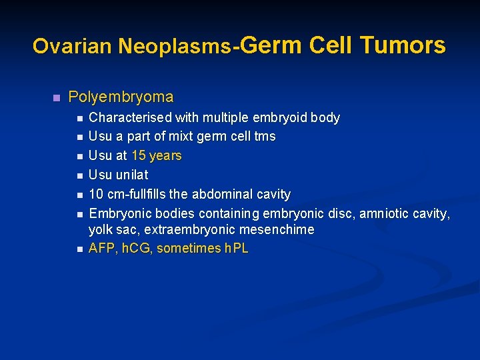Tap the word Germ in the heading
pyautogui.click(x=269, y=45)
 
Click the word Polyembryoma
pyautogui.click(x=121, y=97)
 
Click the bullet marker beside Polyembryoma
pyautogui.click(x=56, y=98)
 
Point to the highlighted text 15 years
pyautogui.click(x=157, y=156)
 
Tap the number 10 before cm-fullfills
pyautogui.click(x=96, y=195)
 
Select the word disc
pyautogui.click(x=340, y=214)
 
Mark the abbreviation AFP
pyautogui.click(x=101, y=249)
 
